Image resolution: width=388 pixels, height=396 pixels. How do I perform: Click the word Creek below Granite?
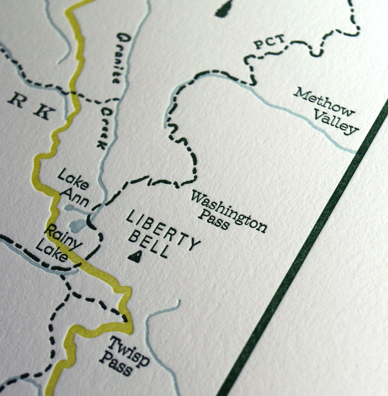(103, 128)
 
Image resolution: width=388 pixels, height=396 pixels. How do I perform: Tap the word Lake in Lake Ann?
(73, 179)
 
